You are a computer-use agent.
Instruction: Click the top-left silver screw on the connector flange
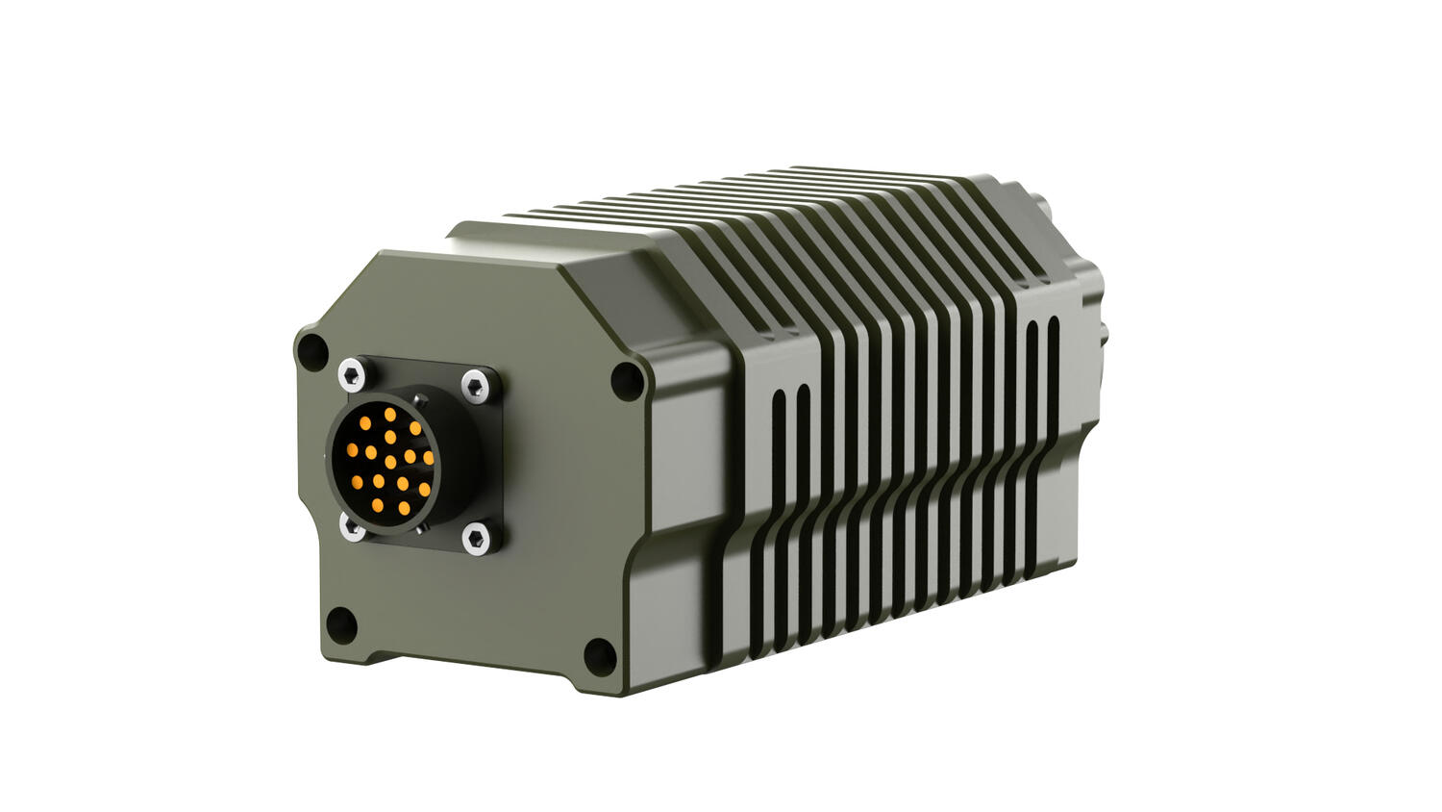coord(352,373)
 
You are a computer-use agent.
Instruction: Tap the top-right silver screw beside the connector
coord(475,386)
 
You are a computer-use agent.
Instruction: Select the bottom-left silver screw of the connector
coord(351,526)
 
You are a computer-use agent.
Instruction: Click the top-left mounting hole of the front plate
coord(312,352)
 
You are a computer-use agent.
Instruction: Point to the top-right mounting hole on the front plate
coord(629,381)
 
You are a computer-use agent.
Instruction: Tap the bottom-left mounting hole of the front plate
coord(341,624)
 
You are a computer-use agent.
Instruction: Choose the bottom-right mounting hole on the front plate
coord(600,655)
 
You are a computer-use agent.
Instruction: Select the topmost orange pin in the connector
coord(390,414)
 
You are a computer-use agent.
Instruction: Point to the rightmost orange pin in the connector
coord(429,458)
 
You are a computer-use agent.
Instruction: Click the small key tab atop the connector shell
coord(418,396)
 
